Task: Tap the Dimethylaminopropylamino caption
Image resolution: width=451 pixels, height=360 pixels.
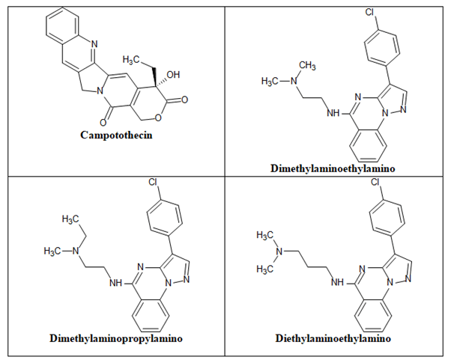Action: (x=116, y=339)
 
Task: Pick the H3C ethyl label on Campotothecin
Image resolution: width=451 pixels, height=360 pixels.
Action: (x=133, y=59)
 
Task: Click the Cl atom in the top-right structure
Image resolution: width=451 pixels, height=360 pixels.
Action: (x=369, y=13)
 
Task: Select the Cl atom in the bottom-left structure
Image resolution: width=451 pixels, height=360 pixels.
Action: (x=152, y=183)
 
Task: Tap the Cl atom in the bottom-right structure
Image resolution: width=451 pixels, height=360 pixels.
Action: (x=376, y=182)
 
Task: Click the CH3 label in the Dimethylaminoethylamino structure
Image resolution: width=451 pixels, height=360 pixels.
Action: (x=308, y=67)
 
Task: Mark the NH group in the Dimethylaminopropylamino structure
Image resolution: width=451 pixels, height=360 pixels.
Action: (x=115, y=284)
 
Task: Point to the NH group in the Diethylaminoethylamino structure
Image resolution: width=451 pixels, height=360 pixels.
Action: (x=337, y=284)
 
